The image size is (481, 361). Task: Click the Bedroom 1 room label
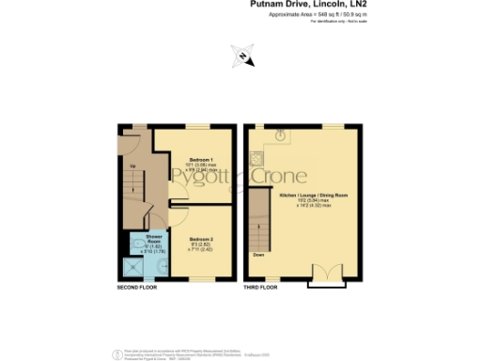[x=200, y=159]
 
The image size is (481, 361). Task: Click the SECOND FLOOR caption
[x=137, y=286]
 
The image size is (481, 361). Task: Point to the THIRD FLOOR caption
[x=260, y=286]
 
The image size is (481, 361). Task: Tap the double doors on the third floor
[x=323, y=275]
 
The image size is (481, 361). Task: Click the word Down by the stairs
[x=258, y=255]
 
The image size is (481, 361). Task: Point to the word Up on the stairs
[x=132, y=165]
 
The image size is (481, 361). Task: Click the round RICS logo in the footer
[x=117, y=353]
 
